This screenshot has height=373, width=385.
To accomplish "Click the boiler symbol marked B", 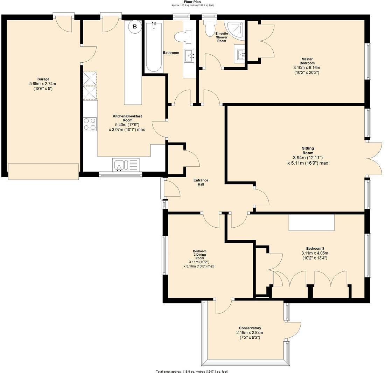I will click(134, 26).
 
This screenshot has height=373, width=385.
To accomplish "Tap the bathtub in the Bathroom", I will click(153, 47).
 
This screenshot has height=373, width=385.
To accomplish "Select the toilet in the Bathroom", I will click(183, 36).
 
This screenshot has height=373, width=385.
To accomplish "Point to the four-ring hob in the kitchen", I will click(90, 124).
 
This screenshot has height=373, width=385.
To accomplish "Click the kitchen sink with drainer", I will click(126, 165).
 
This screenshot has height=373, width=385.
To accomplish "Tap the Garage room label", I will click(43, 79).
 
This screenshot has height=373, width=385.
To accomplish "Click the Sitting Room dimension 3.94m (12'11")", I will click(308, 158).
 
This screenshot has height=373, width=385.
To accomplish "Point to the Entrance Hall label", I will click(201, 182).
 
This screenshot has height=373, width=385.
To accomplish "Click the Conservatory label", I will click(250, 328).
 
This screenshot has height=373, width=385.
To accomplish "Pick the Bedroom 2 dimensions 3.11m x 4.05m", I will click(314, 253).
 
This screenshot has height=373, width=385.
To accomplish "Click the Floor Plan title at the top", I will click(192, 2).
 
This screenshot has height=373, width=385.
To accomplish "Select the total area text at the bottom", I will click(192, 371).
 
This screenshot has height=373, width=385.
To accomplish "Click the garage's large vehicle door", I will click(43, 172).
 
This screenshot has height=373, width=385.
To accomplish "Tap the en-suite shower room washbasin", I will click(240, 54).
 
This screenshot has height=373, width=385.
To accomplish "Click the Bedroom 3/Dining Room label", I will click(199, 255).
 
